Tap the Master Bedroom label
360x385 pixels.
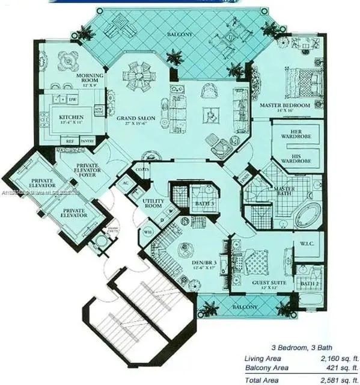[x=284, y=105]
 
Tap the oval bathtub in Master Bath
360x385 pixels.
[x=307, y=215]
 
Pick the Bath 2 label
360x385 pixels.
[x=310, y=282]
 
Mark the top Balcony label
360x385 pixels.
[x=180, y=34]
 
